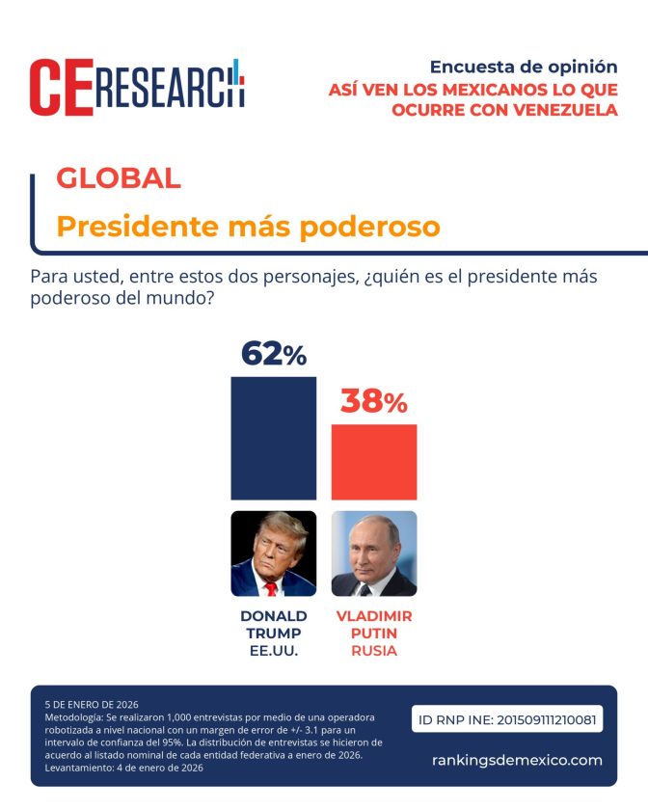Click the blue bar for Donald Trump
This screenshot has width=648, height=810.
click(x=273, y=438)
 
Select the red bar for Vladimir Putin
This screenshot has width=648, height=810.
click(x=374, y=462)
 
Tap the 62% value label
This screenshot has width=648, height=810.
click(x=273, y=354)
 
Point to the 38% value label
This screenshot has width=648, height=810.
click(x=374, y=402)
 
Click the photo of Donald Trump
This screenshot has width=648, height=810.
click(x=273, y=553)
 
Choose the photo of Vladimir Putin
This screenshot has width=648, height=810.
click(x=374, y=553)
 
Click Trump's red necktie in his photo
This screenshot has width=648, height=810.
click(x=271, y=587)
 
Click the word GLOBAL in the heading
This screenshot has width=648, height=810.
click(x=119, y=177)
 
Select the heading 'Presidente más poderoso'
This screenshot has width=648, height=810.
click(x=248, y=227)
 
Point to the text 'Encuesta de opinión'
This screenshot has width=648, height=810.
click(x=523, y=67)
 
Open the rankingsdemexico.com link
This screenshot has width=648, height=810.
click(x=517, y=760)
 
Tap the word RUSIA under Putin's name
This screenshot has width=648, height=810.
click(x=374, y=651)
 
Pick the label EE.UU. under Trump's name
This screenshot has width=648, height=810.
click(x=273, y=651)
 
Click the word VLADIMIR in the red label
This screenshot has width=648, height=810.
click(x=374, y=616)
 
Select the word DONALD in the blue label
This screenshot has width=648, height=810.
click(x=273, y=616)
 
